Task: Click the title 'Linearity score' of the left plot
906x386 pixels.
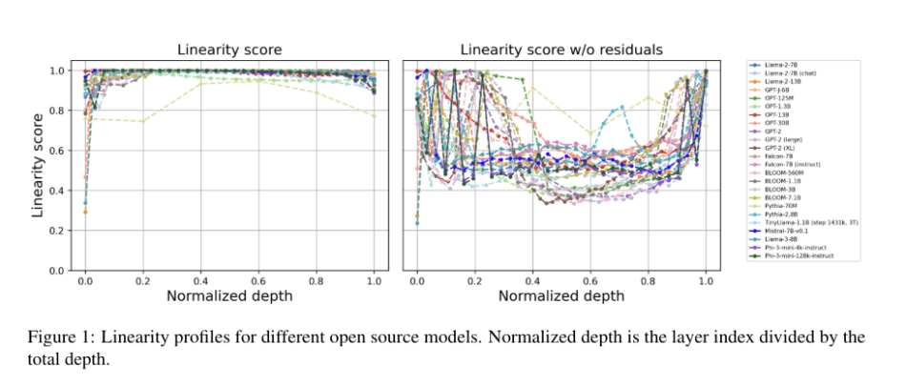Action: [230, 50]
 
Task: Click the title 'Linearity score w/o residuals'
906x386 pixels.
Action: [562, 50]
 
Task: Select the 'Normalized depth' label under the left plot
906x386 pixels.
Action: [230, 295]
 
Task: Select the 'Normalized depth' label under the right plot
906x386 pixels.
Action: [562, 295]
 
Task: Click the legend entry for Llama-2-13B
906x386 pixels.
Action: [786, 82]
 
